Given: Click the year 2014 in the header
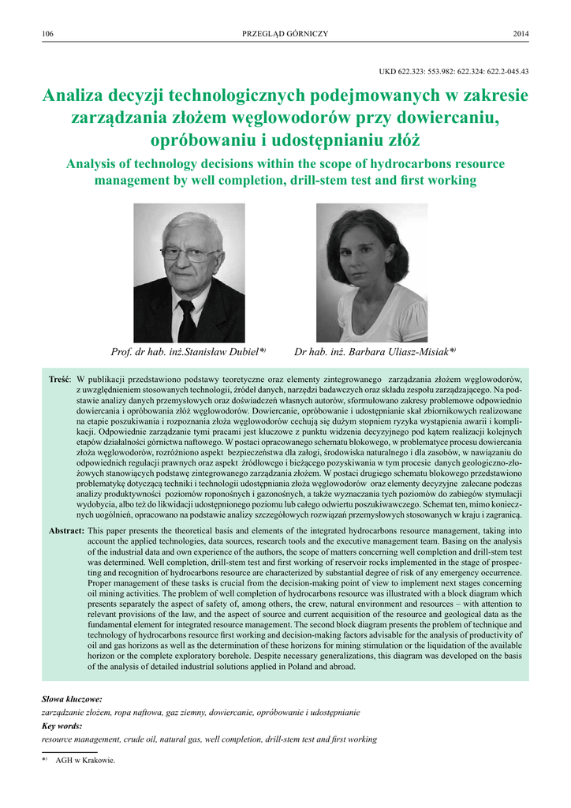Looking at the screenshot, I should point(521,33).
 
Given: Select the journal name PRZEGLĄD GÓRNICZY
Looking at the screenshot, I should point(285,33).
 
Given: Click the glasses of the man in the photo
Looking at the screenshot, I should point(189,254).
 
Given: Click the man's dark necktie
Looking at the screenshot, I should point(187,320).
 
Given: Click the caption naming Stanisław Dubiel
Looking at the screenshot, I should point(188,352).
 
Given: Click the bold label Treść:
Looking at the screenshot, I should point(60,380).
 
